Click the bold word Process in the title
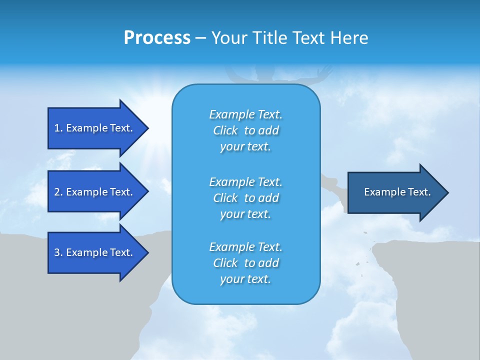(157, 38)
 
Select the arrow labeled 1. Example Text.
(95, 128)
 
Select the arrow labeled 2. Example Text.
(95, 192)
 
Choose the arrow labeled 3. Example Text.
(95, 252)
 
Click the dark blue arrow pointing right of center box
(395, 192)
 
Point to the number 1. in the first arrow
(58, 128)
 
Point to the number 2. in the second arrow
(58, 192)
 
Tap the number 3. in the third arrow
(58, 252)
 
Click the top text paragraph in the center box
(245, 130)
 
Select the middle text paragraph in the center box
(245, 198)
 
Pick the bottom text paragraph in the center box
(245, 263)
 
